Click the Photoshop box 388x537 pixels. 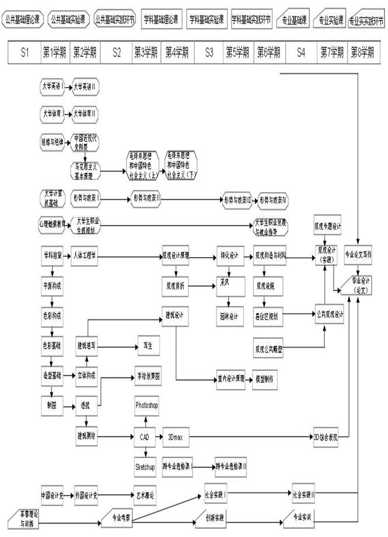(146, 405)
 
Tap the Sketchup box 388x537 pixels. (145, 467)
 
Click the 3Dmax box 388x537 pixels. (176, 436)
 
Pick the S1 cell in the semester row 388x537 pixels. (23, 53)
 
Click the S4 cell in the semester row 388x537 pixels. (300, 53)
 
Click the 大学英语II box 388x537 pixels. (85, 86)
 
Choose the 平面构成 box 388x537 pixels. (52, 286)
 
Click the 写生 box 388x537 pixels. (147, 345)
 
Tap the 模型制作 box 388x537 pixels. (265, 379)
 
